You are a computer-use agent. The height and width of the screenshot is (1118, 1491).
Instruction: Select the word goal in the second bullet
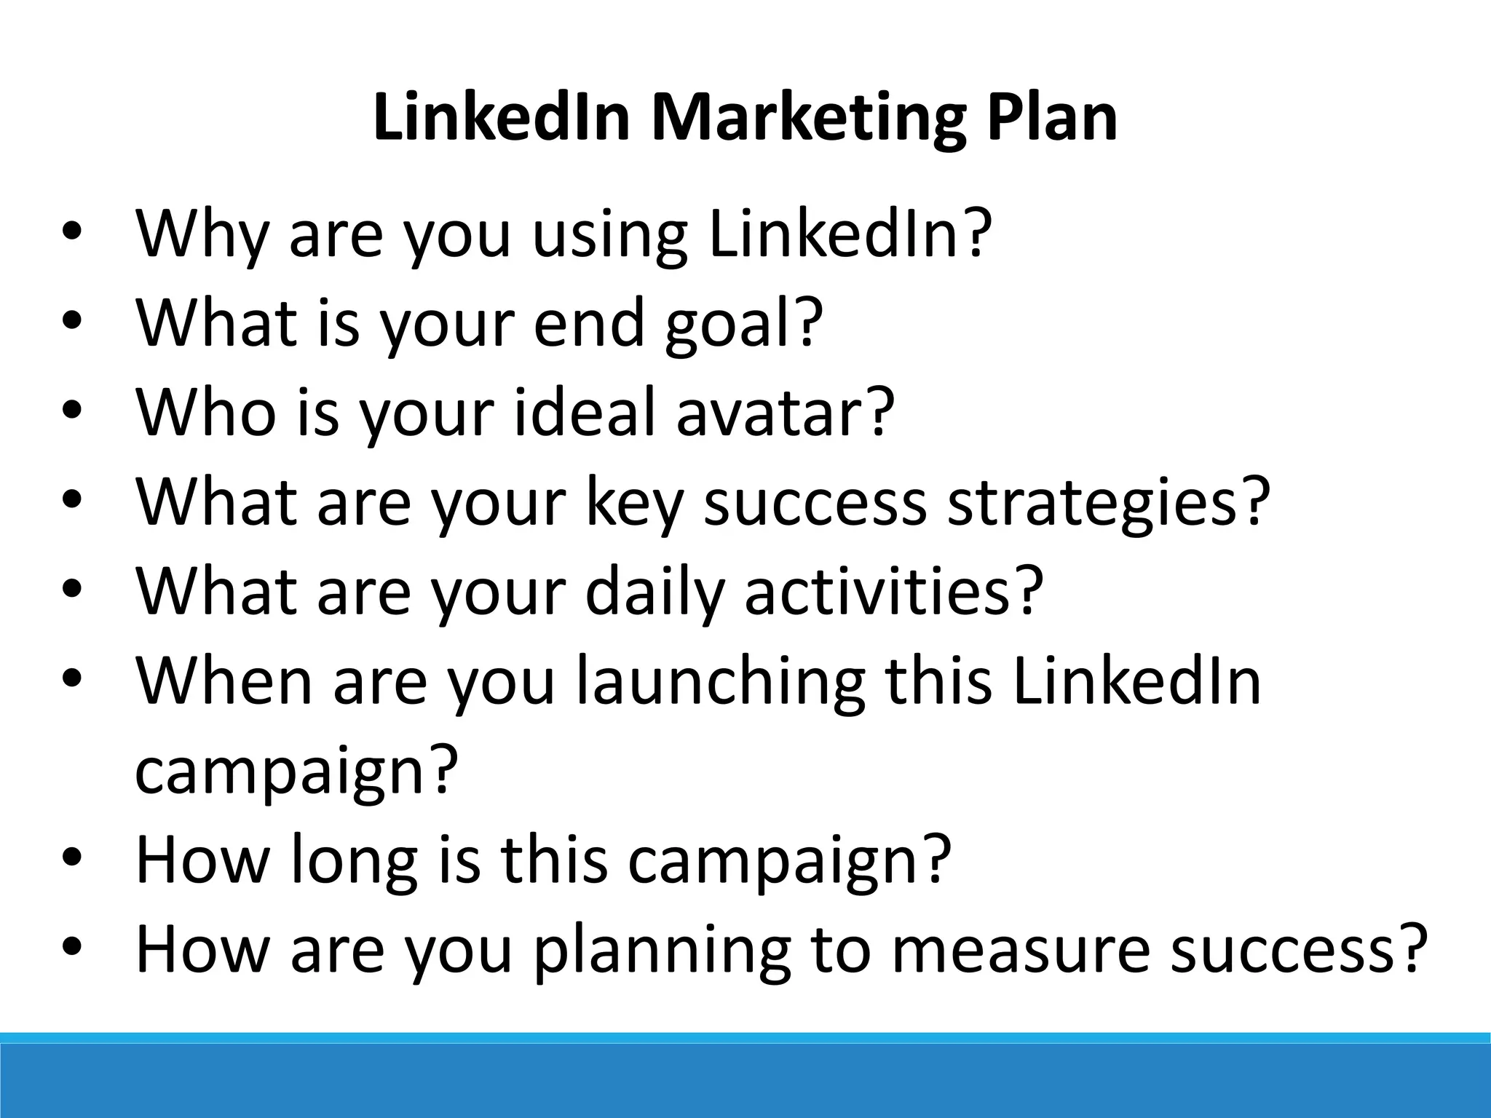tap(728, 324)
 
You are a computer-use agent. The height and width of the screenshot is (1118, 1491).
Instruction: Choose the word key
tap(633, 502)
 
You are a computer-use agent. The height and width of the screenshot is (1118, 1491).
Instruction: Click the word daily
tap(654, 592)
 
